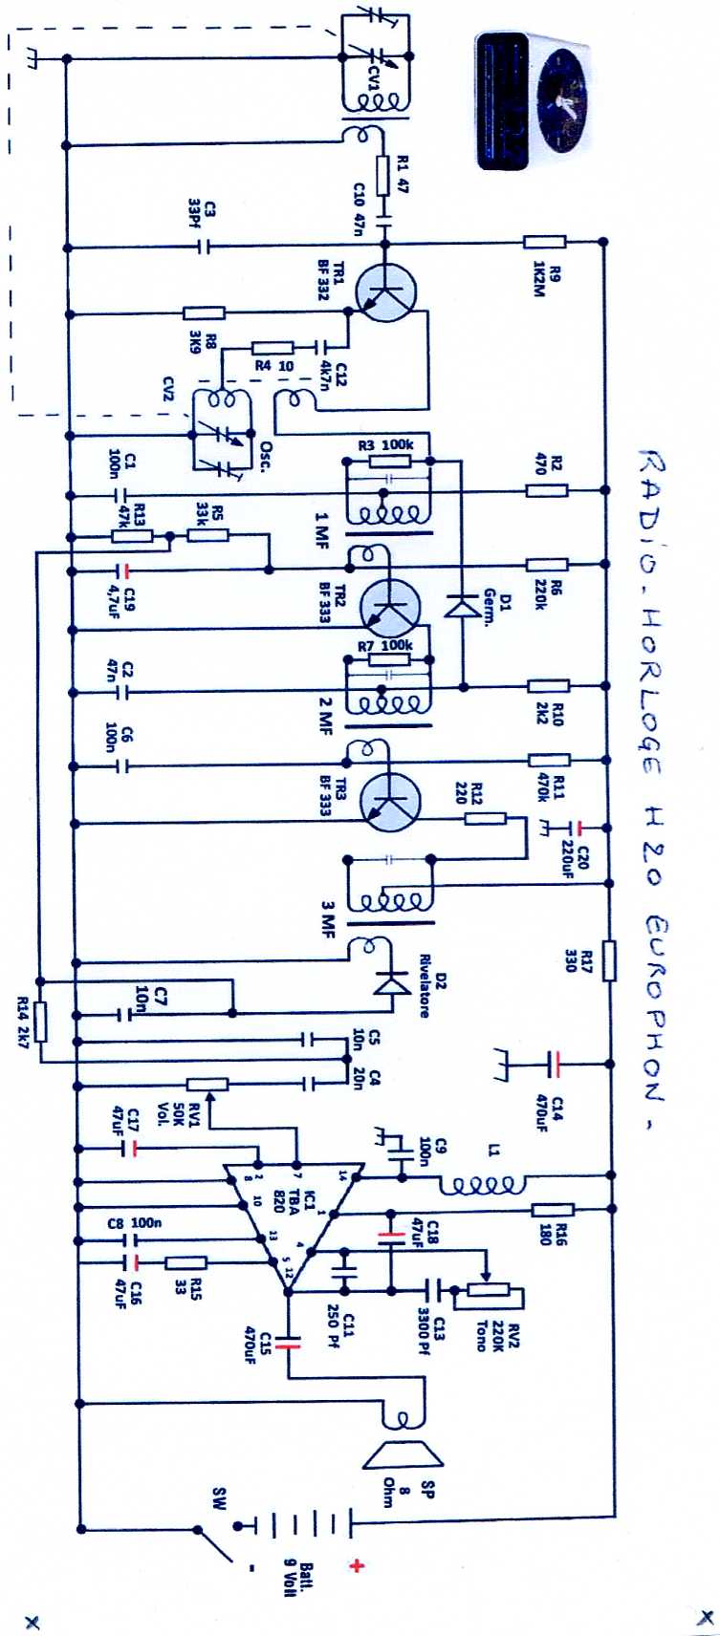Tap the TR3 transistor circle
point(390,797)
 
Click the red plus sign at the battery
point(358,1565)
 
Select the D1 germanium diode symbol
point(463,606)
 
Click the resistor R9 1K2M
point(544,243)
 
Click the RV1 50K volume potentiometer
point(207,1084)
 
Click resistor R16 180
point(552,1210)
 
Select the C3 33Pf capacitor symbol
point(203,247)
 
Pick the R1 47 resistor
point(386,176)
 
